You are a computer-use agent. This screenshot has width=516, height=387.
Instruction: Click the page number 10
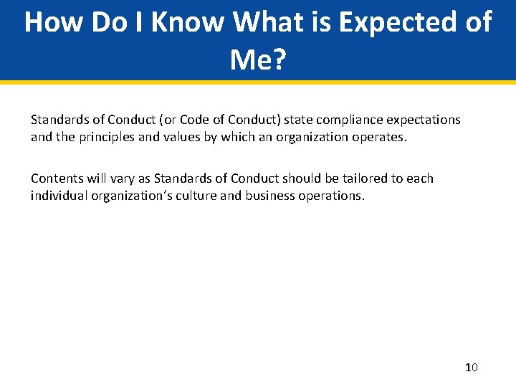pos(471,368)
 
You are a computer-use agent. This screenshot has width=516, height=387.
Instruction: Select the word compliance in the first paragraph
pos(335,120)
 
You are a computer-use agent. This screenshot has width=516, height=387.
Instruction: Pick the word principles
pos(105,136)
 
